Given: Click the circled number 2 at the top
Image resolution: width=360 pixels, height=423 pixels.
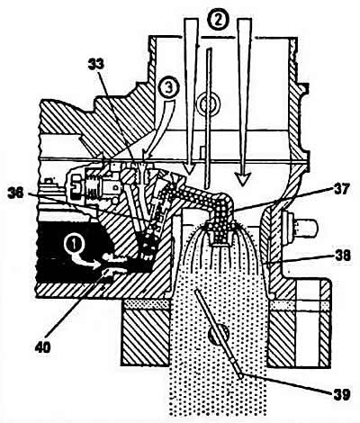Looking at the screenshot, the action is pos(218,20).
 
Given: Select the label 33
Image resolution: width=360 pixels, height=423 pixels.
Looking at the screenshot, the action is pos(96,64).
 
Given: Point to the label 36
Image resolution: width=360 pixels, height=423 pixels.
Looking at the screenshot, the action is pos(16,193).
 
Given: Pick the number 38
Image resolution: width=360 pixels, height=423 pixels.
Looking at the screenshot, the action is pos(342,256).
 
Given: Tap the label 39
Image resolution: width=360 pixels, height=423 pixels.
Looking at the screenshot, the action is pos(341,395).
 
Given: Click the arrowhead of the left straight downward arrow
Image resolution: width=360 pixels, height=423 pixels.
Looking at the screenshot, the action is pos(189,170).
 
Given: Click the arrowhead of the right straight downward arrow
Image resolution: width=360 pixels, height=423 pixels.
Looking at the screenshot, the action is pos(242,179).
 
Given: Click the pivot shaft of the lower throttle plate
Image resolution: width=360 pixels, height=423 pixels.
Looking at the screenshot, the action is pos(219,334).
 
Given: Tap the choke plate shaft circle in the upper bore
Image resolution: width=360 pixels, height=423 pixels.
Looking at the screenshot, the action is pos(207,104).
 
